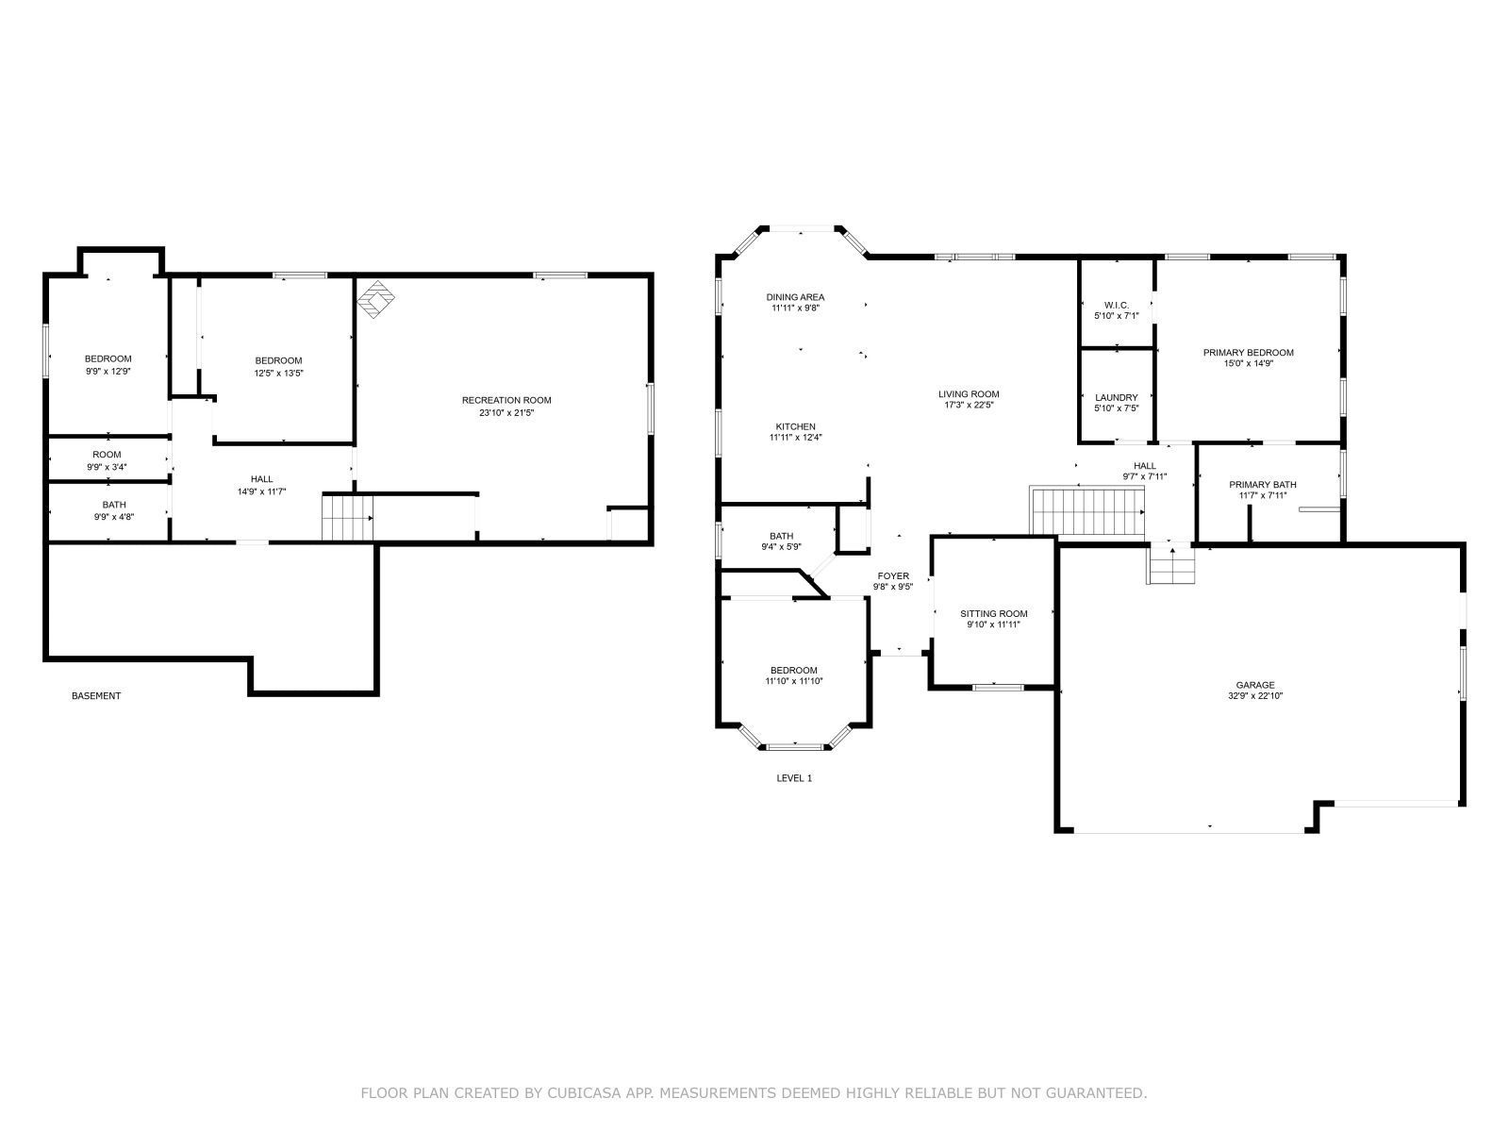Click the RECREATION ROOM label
506,400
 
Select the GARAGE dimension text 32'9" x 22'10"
1255,696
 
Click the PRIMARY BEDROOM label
1248,353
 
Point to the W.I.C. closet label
1117,305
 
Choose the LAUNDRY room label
1117,397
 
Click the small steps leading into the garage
1170,565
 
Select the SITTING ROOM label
993,613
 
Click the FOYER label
893,575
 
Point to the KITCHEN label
795,426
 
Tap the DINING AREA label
795,297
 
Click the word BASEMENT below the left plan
96,696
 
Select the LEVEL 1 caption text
793,778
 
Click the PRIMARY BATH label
1262,485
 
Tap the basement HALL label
261,479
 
